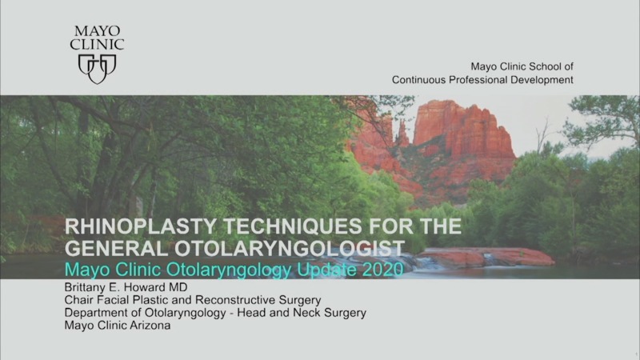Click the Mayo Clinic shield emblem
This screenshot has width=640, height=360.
tap(98, 68)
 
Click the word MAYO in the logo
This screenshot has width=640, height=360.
tap(98, 31)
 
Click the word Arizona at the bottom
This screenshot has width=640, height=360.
tap(146, 326)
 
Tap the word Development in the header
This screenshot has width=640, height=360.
tap(542, 80)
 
